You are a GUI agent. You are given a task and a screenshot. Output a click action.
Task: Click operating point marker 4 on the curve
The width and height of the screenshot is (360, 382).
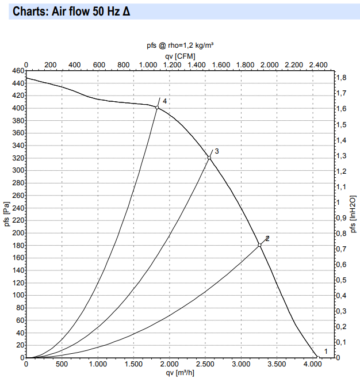(157, 108)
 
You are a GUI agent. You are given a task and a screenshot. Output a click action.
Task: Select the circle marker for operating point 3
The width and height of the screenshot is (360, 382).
(209, 158)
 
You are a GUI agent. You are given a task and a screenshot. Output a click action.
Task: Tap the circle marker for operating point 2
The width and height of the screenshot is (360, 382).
(259, 245)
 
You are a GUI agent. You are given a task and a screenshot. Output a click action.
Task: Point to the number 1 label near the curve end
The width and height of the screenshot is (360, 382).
(326, 352)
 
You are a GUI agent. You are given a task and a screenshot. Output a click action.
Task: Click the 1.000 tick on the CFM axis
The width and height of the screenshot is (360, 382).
(148, 64)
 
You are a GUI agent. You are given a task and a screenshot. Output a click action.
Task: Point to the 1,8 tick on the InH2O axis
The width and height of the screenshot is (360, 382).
(341, 78)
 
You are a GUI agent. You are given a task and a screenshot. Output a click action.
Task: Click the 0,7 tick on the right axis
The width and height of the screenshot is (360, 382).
(341, 249)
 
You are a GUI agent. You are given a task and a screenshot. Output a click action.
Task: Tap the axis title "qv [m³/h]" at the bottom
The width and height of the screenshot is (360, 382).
(181, 373)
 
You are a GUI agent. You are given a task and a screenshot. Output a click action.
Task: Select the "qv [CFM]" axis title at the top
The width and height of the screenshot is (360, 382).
(181, 55)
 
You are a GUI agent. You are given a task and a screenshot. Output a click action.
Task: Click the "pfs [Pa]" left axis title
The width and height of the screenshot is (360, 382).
(6, 214)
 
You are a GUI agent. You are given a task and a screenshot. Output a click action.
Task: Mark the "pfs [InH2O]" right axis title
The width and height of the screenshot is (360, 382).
(354, 214)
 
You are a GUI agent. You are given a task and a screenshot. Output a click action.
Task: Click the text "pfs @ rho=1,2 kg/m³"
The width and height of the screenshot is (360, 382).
(181, 45)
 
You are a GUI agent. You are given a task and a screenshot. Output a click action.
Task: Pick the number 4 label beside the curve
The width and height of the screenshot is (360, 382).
(164, 101)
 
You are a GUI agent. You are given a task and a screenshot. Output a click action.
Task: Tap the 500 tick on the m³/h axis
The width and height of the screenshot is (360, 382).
(62, 364)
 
